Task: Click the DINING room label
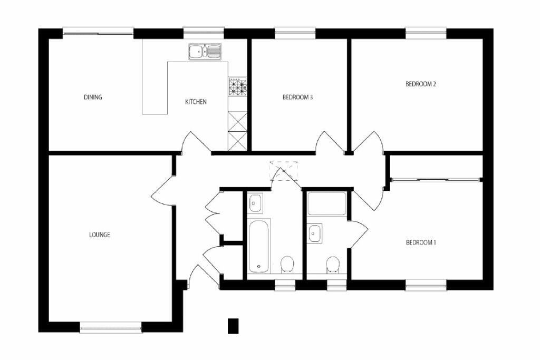tap(93, 97)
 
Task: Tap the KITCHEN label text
tap(196, 102)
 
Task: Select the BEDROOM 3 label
tap(297, 98)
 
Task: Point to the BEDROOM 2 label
tap(421, 84)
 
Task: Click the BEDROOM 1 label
tap(421, 242)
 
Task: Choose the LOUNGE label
tap(100, 235)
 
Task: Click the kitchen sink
tap(205, 52)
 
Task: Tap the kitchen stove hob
tap(238, 86)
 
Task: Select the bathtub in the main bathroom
tap(259, 246)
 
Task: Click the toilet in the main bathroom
tap(286, 264)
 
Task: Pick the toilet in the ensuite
tap(333, 265)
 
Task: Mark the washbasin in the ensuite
tap(314, 233)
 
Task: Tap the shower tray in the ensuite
tap(327, 205)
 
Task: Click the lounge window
tap(111, 327)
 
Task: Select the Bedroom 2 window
tap(426, 33)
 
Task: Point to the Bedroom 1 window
tap(426, 285)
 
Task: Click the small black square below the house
tap(233, 326)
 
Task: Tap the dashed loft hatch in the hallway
tap(284, 171)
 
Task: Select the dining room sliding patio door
tap(98, 33)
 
